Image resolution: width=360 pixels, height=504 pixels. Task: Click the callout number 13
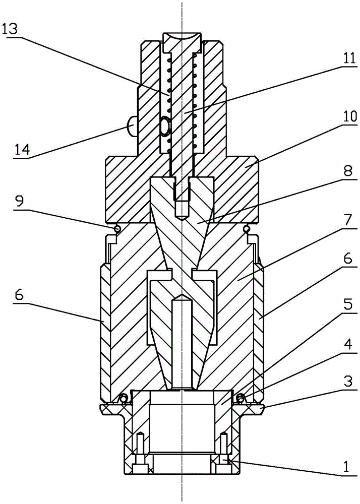click(14, 30)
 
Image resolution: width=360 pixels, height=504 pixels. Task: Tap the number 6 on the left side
click(19, 295)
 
